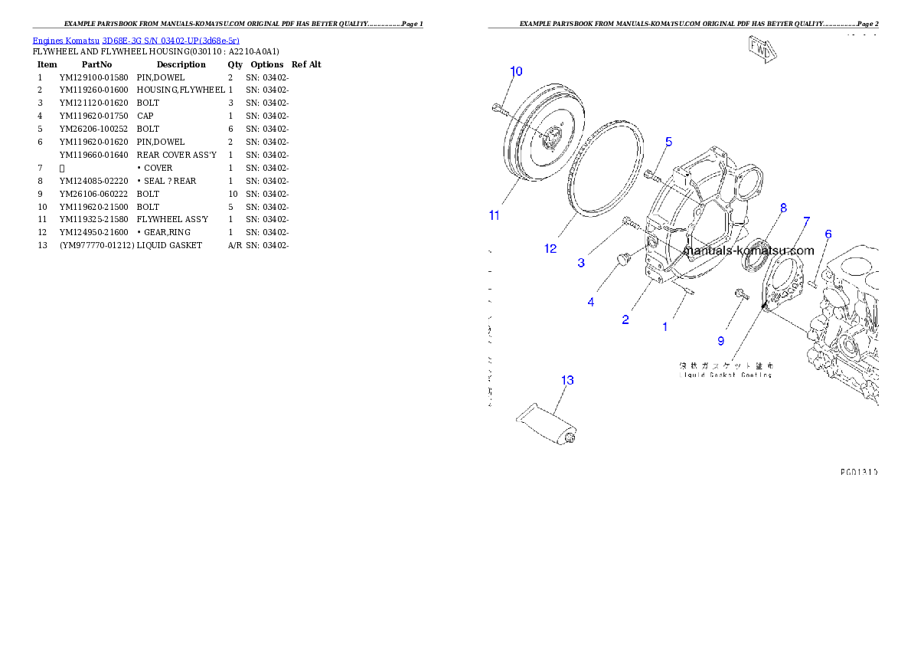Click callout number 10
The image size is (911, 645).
click(x=516, y=71)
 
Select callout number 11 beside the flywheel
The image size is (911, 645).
click(x=495, y=215)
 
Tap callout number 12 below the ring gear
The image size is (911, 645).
click(x=550, y=248)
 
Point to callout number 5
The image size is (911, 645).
click(x=668, y=142)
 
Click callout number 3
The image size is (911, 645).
click(x=581, y=263)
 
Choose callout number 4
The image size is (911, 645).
click(x=590, y=302)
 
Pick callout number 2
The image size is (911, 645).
click(x=625, y=319)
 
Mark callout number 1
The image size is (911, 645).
click(x=664, y=326)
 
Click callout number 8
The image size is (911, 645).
click(x=783, y=208)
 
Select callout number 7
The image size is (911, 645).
click(x=806, y=221)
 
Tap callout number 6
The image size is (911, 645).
click(x=828, y=234)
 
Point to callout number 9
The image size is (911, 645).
click(x=720, y=339)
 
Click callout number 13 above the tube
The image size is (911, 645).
click(x=567, y=380)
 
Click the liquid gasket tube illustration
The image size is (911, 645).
click(x=548, y=427)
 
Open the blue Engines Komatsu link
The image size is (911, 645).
click(x=136, y=40)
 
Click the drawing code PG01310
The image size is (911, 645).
click(x=857, y=472)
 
